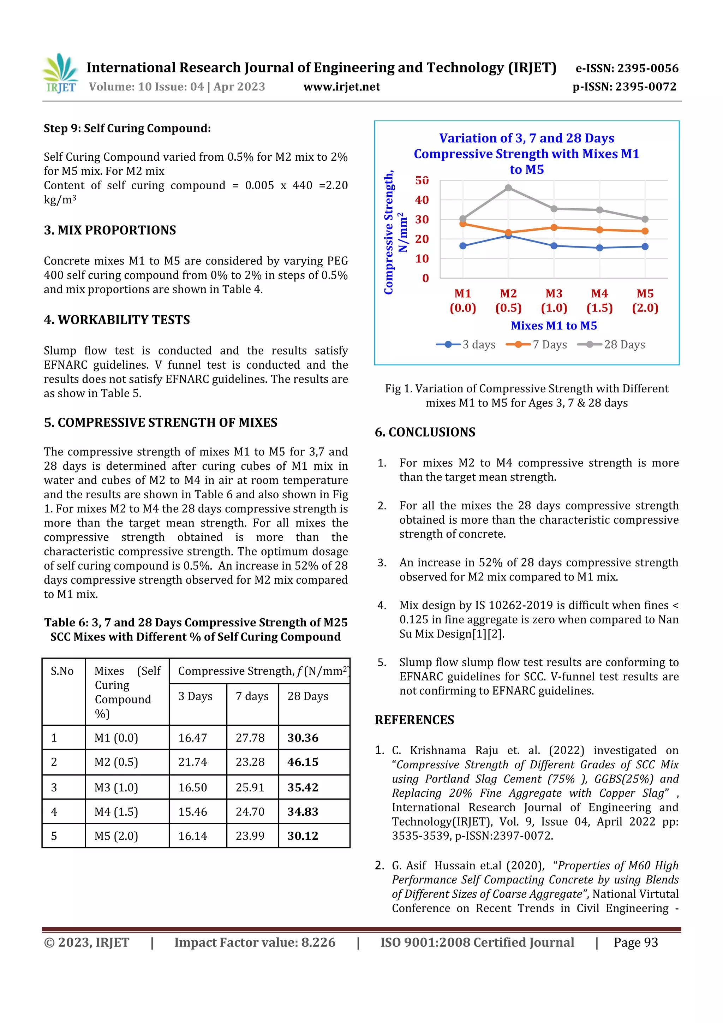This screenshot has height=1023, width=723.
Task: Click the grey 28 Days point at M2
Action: pyautogui.click(x=508, y=188)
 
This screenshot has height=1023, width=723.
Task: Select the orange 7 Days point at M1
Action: pyautogui.click(x=463, y=224)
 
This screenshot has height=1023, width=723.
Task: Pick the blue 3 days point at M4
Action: pyautogui.click(x=599, y=248)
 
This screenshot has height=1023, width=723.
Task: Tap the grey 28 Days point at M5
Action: pyautogui.click(x=645, y=219)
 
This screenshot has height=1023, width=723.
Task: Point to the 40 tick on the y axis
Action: pyautogui.click(x=422, y=200)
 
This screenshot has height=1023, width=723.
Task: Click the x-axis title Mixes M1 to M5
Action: pyautogui.click(x=553, y=326)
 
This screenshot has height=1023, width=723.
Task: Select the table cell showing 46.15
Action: pyautogui.click(x=303, y=762)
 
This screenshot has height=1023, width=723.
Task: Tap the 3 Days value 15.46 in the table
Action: pyautogui.click(x=193, y=812)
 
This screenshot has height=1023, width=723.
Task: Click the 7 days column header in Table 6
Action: pyautogui.click(x=252, y=696)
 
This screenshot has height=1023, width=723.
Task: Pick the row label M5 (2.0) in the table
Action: pyautogui.click(x=116, y=836)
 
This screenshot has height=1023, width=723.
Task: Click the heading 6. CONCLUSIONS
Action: pyautogui.click(x=425, y=432)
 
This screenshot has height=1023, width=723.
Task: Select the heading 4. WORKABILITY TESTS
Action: pyautogui.click(x=117, y=320)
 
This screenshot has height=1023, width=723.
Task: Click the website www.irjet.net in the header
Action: pyautogui.click(x=342, y=87)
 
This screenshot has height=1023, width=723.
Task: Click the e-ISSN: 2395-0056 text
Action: pyautogui.click(x=627, y=68)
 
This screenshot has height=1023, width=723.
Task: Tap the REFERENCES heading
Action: pyautogui.click(x=414, y=720)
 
